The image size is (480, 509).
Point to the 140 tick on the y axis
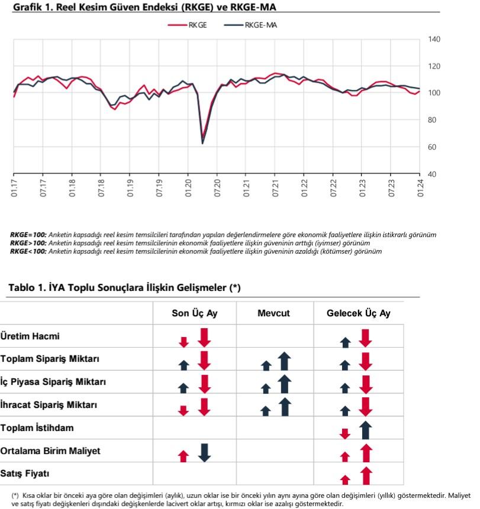coord(433,39)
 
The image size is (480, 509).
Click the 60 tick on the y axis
coord(430,147)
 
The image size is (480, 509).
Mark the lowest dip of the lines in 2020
coord(202,142)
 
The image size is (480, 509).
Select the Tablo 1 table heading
coord(124,288)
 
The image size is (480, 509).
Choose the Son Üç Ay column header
coord(195,313)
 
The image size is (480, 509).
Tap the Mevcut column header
coord(273,313)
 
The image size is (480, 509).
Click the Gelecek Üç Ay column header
coord(358,313)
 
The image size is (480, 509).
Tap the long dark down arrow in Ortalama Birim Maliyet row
coord(204,452)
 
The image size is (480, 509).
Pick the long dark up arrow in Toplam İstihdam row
coord(365,430)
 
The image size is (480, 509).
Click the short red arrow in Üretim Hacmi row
coord(183,342)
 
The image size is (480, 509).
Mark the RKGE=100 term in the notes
coord(28,235)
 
